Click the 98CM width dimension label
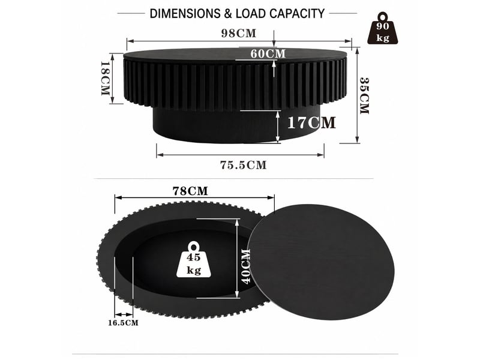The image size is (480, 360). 238,34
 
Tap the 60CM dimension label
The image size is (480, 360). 268,54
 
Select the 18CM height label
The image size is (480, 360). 106,79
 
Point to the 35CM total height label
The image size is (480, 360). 364,96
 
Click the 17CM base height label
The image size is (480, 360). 311,123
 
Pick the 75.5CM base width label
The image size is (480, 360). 244,166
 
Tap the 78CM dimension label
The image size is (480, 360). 190,191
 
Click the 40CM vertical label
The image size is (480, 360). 246,266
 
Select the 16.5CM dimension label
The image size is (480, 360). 123,323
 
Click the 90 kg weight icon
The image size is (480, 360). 383,28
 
